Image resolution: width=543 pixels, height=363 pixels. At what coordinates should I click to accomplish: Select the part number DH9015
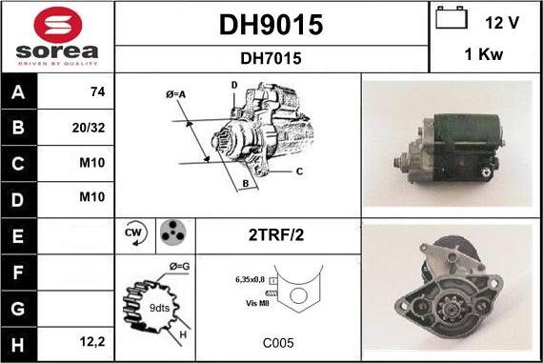[x=271, y=24]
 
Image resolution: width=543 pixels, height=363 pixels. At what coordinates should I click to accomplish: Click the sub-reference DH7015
[x=271, y=58]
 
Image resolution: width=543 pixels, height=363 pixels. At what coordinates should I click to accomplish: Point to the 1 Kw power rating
[x=484, y=56]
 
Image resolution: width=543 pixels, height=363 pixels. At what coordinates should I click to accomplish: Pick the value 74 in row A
[x=96, y=92]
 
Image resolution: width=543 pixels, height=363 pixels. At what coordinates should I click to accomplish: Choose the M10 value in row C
[x=92, y=163]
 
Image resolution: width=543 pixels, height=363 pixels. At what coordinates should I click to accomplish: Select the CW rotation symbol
[x=133, y=234]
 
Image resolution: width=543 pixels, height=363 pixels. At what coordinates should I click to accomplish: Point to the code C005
[x=278, y=341]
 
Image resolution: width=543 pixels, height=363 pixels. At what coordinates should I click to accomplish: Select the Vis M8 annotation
[x=256, y=302]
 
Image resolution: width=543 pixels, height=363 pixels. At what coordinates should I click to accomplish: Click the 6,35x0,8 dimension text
[x=250, y=280]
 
